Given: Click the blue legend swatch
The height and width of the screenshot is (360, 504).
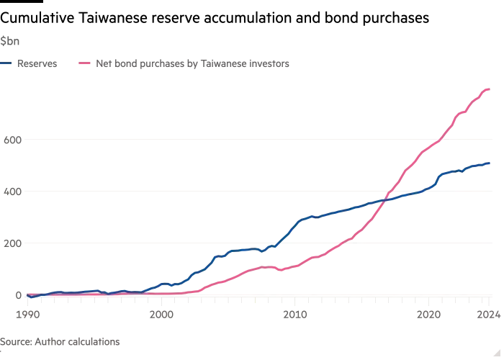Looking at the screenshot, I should click(x=6, y=64).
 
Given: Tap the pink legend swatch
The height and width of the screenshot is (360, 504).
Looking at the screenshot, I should click(x=84, y=64).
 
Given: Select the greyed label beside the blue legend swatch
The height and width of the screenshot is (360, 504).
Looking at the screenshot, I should click(x=37, y=64).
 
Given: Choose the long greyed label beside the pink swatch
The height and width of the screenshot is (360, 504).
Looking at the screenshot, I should click(x=193, y=64).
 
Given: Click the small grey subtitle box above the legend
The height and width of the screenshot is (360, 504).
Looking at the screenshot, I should click(x=12, y=40).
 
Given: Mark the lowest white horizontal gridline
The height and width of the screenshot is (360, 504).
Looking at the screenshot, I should click(x=259, y=244).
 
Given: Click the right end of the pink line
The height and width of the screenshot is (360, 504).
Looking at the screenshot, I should click(x=492, y=88).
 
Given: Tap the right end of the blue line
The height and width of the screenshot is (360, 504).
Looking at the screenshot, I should click(x=494, y=164).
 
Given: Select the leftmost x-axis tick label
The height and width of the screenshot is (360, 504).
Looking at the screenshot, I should click(x=27, y=315).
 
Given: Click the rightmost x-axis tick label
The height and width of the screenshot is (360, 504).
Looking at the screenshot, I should click(x=487, y=315).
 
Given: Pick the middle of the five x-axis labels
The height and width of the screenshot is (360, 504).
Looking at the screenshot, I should click(x=296, y=315).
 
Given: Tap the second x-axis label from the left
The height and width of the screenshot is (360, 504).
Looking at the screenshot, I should click(x=163, y=315).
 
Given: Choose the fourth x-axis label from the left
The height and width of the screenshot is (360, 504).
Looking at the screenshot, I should click(x=429, y=315).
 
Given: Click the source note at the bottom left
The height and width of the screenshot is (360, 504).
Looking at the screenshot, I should click(x=61, y=338).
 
